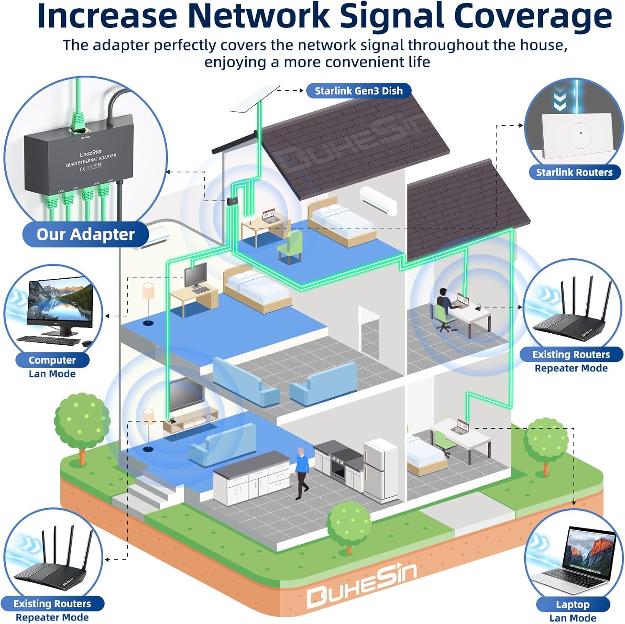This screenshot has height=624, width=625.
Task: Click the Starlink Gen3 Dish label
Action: coord(358,91)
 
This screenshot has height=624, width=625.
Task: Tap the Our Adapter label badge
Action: coord(85,235)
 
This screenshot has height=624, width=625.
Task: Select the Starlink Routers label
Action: coord(574,172)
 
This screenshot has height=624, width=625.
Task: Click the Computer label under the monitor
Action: coord(52,360)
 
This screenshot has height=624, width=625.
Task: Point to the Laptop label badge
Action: coord(572,604)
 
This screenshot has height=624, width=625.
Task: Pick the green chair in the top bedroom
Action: coord(291,246)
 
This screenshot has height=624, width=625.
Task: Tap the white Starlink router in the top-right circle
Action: coord(577,135)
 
